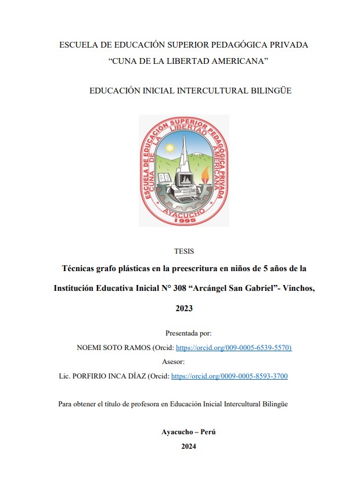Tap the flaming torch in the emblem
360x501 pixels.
204,174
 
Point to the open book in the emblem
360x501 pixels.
165,178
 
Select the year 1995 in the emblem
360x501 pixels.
183,221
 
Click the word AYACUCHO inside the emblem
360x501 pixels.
183,213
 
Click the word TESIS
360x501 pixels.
184,251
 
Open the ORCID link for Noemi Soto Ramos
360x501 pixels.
233,348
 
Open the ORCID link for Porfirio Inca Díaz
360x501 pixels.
229,376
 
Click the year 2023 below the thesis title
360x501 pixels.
184,308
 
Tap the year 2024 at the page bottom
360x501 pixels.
189,446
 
